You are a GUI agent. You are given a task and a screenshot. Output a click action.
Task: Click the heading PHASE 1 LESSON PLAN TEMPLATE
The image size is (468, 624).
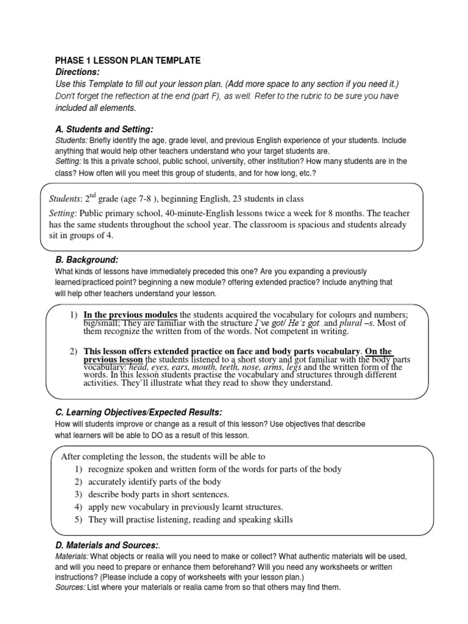pyautogui.click(x=127, y=61)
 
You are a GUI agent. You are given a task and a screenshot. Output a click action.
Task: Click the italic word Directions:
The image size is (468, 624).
pyautogui.click(x=75, y=72)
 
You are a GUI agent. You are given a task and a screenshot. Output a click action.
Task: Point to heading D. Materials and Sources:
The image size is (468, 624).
pyautogui.click(x=107, y=547)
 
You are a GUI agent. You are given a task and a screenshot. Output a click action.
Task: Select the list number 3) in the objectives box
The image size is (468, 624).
pyautogui.click(x=78, y=494)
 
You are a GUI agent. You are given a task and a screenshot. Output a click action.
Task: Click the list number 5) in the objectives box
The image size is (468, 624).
pyautogui.click(x=78, y=520)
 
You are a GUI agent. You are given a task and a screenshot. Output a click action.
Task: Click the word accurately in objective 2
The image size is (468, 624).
pyautogui.click(x=108, y=482)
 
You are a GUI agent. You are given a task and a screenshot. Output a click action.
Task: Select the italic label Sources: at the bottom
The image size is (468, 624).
pyautogui.click(x=71, y=588)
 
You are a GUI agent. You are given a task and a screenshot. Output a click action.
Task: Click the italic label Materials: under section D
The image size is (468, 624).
pyautogui.click(x=73, y=557)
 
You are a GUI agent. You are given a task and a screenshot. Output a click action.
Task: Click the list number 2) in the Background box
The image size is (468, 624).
pyautogui.click(x=73, y=352)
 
